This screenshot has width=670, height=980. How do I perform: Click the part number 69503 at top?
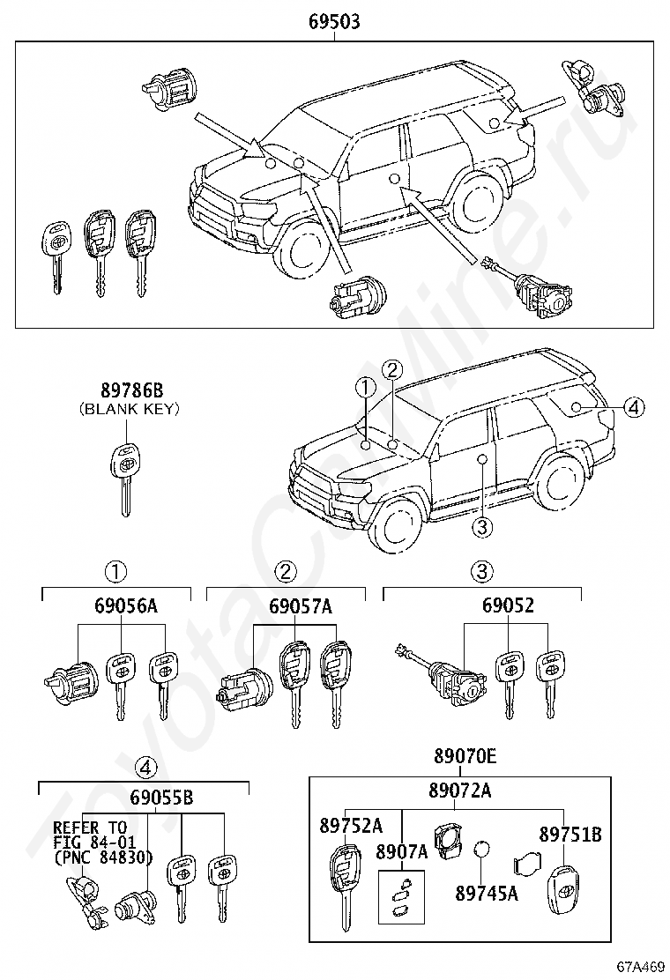tap(334, 23)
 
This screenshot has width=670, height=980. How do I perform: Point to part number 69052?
tap(508, 606)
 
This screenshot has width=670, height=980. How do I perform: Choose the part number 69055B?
tap(160, 798)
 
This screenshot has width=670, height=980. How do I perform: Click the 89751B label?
tap(569, 833)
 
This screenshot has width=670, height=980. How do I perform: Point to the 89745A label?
tap(487, 893)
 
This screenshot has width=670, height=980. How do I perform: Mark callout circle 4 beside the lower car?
tap(634, 406)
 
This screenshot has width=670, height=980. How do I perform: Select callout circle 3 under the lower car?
tap(480, 527)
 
